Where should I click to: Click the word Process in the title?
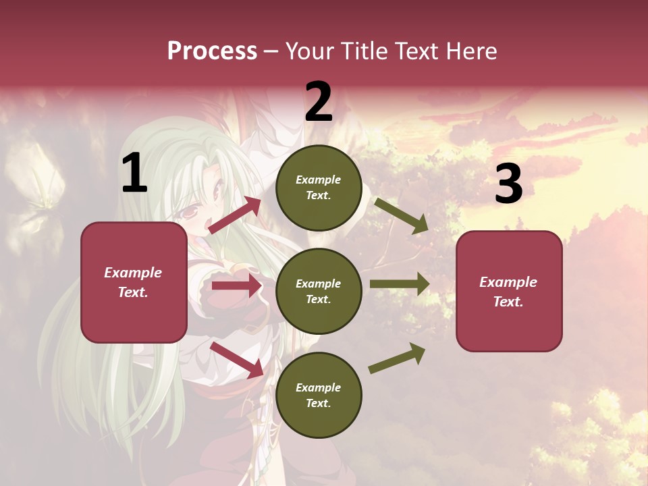212,51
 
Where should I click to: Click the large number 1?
134,173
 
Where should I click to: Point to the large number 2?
319,102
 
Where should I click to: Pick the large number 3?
508,184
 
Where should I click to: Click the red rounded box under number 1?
134,282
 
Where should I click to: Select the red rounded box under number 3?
509,292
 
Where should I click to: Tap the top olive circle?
319,188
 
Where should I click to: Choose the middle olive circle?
319,292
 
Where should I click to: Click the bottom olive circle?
319,396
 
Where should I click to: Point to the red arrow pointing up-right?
235,215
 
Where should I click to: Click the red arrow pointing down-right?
236,360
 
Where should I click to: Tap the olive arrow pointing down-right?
402,215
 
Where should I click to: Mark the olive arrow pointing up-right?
398,358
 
